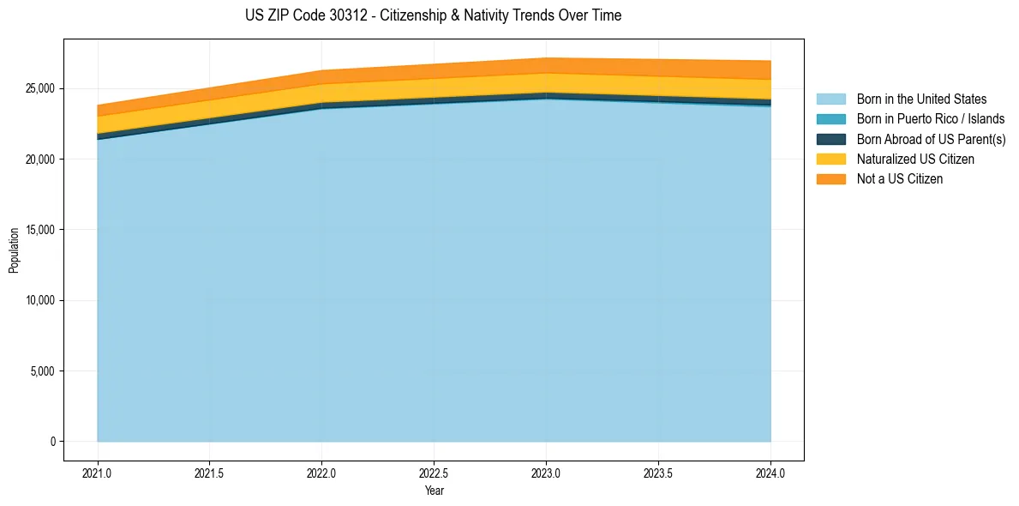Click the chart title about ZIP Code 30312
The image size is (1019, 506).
coord(433,15)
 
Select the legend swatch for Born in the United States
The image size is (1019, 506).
coord(830,99)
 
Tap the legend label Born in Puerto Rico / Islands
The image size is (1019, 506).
coord(930,119)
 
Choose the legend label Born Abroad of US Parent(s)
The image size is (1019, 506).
coord(931,139)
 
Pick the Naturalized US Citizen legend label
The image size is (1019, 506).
coord(915,159)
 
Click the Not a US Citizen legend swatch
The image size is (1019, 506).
coord(830,178)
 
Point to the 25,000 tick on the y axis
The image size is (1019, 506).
coord(39,88)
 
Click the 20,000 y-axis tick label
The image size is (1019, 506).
coord(39,160)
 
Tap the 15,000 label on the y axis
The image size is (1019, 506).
coord(39,230)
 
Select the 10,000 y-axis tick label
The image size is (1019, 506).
coord(39,301)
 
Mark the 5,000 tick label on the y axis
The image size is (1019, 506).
coord(42,371)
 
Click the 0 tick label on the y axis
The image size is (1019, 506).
coord(52,442)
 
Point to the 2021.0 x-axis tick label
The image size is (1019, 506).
coord(98,473)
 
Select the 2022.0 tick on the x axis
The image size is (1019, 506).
coord(321,473)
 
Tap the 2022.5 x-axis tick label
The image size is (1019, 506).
coord(434,473)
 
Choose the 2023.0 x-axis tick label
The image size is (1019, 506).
coord(546,473)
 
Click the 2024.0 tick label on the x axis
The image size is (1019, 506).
coord(770,473)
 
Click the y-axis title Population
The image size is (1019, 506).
coord(14,250)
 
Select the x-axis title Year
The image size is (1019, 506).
coord(434,491)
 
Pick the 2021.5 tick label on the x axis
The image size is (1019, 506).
coord(210,473)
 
